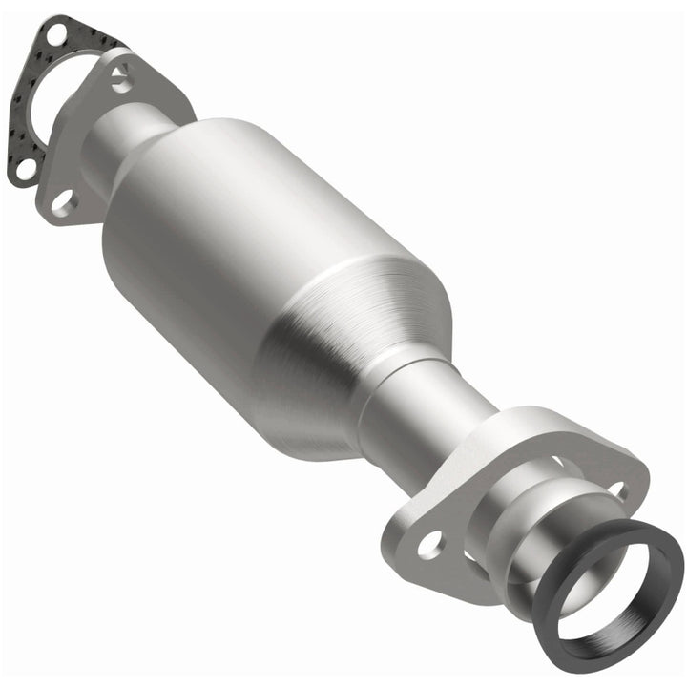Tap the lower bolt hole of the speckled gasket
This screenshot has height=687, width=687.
click(x=26, y=167)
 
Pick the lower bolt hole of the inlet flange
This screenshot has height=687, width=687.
click(x=63, y=201)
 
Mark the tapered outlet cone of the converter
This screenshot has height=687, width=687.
click(x=343, y=353)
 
